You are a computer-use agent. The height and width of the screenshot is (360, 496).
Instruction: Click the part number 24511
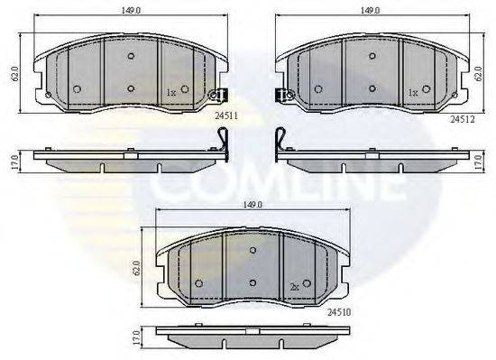tap(226, 116)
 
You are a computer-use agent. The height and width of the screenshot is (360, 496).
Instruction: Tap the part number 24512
tap(463, 119)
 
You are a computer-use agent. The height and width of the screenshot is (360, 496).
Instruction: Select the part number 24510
tap(339, 312)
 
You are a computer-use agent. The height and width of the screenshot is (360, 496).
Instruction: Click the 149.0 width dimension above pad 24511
tap(131, 10)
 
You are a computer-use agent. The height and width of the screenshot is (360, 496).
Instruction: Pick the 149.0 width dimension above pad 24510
tap(253, 205)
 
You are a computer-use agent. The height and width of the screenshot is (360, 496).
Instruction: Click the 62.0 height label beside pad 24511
tap(14, 74)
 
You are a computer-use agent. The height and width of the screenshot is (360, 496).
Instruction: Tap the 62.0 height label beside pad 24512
tap(479, 73)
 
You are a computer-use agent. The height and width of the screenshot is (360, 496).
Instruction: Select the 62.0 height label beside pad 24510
tap(137, 268)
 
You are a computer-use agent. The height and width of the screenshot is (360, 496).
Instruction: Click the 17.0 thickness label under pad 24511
tap(14, 162)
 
